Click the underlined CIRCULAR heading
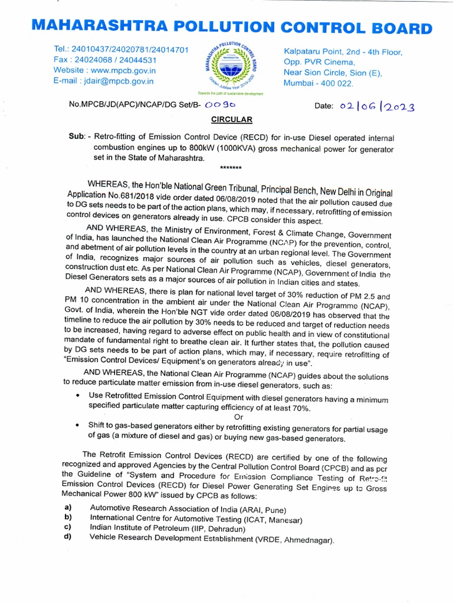tap(232, 120)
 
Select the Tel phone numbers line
tap(120, 49)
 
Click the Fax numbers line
tap(104, 60)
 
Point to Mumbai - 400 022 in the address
tap(319, 84)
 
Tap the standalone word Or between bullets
tap(239, 418)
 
